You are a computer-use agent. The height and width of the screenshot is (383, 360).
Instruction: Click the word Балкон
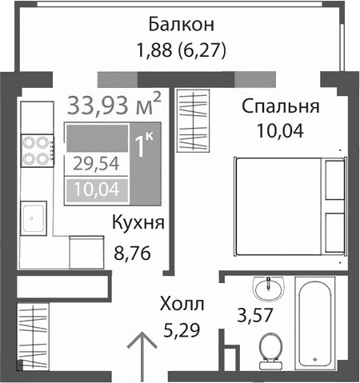(180, 23)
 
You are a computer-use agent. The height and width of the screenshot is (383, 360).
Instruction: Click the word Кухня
(138, 223)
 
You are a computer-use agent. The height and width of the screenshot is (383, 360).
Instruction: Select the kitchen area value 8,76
(134, 257)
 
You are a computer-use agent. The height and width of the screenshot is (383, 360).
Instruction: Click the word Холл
(182, 304)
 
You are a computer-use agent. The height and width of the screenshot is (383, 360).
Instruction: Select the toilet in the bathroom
(270, 347)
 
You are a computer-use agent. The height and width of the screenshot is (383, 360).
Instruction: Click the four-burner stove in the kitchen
(36, 151)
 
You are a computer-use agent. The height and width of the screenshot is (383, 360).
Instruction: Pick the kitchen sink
(34, 216)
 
